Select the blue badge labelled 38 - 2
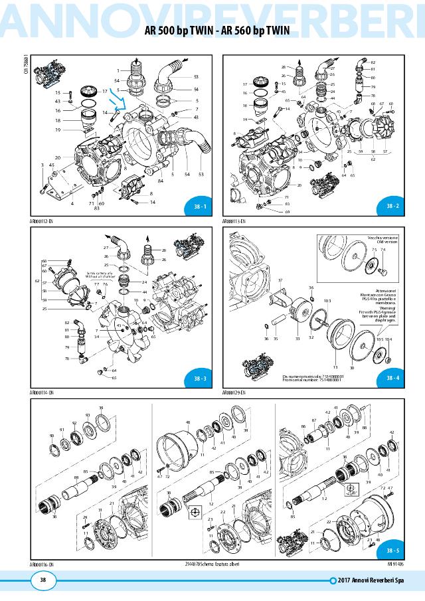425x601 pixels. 392,207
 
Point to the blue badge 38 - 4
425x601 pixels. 392,378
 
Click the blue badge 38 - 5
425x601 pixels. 392,551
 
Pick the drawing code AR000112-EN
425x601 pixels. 41,220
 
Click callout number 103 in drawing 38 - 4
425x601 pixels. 327,300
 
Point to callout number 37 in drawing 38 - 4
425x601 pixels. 280,281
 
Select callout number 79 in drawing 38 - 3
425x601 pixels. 66,347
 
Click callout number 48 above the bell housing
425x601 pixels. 188,422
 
